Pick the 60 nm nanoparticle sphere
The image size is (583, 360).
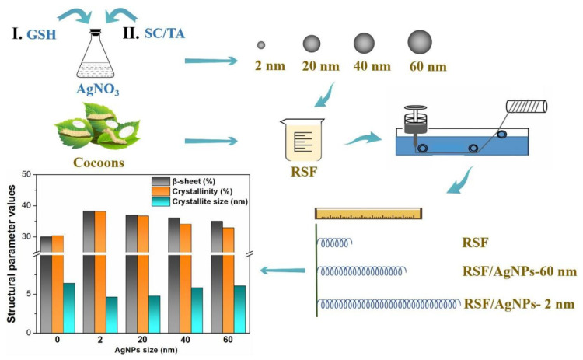click(x=421, y=42)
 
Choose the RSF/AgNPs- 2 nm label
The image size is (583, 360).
click(x=518, y=303)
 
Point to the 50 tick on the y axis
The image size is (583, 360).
click(x=26, y=175)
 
